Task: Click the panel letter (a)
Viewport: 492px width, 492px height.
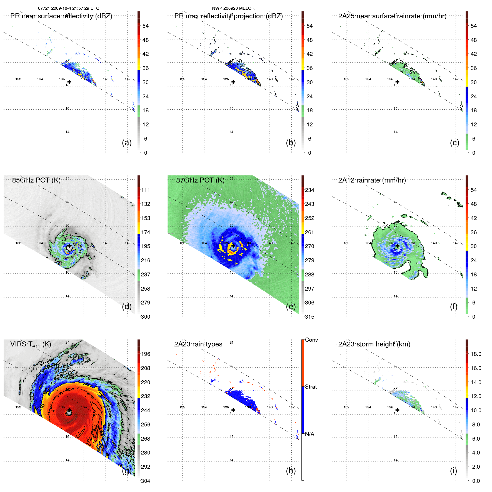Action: point(127,143)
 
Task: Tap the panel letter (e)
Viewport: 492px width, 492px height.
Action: point(291,306)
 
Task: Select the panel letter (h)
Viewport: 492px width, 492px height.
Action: point(291,471)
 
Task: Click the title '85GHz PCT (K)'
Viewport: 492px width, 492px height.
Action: point(36,180)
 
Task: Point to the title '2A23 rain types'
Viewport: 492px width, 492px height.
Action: point(198,344)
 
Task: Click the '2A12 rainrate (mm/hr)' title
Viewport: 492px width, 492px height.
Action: point(372,180)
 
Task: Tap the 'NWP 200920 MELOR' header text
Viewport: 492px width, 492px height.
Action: point(233,8)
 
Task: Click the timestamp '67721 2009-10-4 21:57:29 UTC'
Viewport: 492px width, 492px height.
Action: point(69,8)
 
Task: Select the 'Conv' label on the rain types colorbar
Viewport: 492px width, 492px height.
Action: point(311,340)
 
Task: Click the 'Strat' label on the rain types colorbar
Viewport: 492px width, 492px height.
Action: point(311,387)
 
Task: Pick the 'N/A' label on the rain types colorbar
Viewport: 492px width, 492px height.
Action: point(309,434)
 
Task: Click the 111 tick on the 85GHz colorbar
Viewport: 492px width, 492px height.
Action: point(146,190)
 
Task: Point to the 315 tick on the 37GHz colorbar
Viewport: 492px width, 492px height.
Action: point(309,317)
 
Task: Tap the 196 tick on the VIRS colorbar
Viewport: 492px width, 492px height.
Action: point(146,354)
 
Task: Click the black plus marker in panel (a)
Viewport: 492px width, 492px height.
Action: point(69,82)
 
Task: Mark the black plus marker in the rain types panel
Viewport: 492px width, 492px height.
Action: point(233,410)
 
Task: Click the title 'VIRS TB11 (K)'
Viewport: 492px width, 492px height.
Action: point(31,344)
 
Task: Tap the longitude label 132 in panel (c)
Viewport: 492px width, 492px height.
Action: point(346,79)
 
